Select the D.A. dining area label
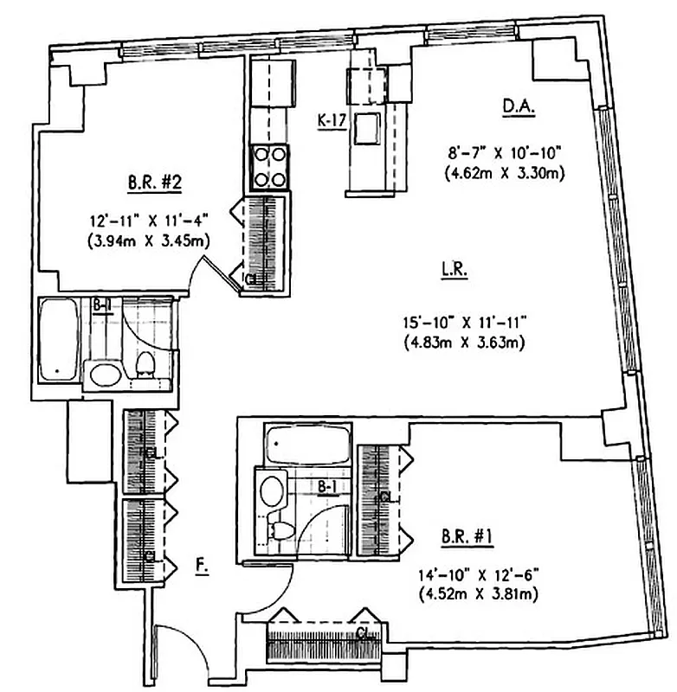(x=519, y=107)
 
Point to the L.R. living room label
(x=453, y=270)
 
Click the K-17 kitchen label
(x=332, y=121)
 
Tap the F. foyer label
(x=201, y=567)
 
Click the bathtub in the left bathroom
(x=61, y=339)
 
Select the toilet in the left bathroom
(x=145, y=365)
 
